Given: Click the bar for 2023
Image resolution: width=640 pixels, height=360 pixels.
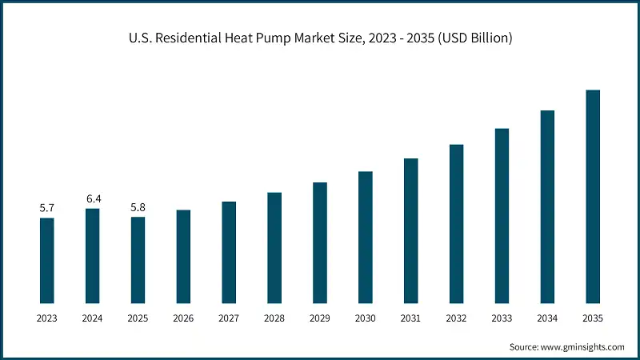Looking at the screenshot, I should pyautogui.click(x=47, y=260).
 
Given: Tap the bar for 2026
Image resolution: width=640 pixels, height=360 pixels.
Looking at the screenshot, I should pyautogui.click(x=183, y=256).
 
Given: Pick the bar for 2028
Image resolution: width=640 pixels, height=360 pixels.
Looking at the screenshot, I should pyautogui.click(x=274, y=247).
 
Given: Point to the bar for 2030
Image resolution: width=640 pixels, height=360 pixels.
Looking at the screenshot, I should pyautogui.click(x=366, y=237).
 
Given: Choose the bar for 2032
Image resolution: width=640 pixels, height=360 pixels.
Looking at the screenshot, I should pyautogui.click(x=457, y=223).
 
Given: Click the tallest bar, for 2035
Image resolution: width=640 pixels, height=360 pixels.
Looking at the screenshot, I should pyautogui.click(x=593, y=196).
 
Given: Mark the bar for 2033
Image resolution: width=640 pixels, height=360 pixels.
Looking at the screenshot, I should pyautogui.click(x=502, y=215).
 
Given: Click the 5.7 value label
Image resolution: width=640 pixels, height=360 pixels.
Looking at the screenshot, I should pyautogui.click(x=47, y=208).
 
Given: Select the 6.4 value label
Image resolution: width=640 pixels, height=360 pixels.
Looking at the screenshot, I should pyautogui.click(x=93, y=198).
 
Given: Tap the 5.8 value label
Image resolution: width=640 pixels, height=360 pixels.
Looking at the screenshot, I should pyautogui.click(x=138, y=207).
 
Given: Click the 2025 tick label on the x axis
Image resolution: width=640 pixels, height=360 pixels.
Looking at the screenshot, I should pyautogui.click(x=138, y=318).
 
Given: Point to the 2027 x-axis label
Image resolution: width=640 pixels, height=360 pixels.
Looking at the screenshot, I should pyautogui.click(x=229, y=318).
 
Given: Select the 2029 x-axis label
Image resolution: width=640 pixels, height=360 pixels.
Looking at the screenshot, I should pyautogui.click(x=320, y=318).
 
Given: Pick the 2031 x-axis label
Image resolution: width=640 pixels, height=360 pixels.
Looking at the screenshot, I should pyautogui.click(x=411, y=318).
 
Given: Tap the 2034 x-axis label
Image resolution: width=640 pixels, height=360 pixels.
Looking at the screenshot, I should pyautogui.click(x=547, y=318).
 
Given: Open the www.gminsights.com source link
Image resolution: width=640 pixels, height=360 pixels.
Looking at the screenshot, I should pyautogui.click(x=584, y=346).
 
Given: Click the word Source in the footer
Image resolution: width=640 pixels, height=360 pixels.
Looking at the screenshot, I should pyautogui.click(x=525, y=346).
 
